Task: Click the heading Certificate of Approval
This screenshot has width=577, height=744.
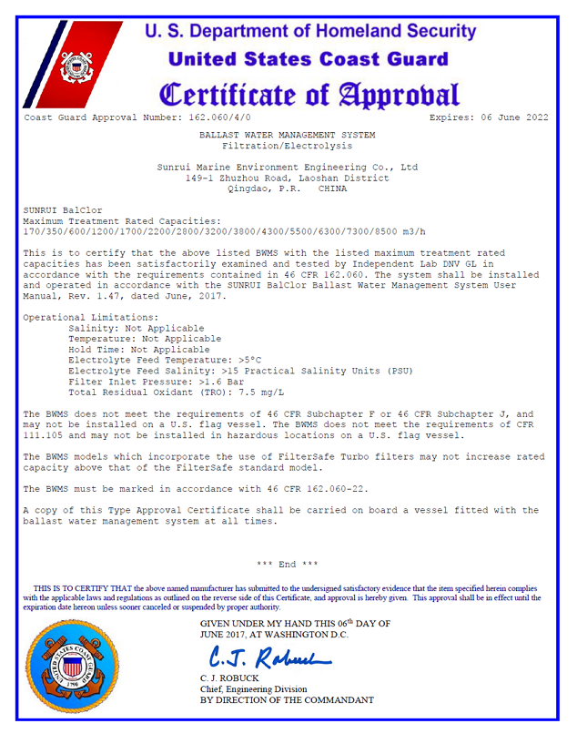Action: pyautogui.click(x=309, y=94)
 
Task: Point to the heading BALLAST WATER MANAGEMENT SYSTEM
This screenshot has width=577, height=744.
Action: pyautogui.click(x=287, y=135)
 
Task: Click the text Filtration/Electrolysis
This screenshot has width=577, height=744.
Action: pyautogui.click(x=287, y=145)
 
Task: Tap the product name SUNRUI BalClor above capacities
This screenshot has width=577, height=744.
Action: pyautogui.click(x=62, y=210)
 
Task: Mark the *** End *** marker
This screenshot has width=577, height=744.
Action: pyautogui.click(x=288, y=565)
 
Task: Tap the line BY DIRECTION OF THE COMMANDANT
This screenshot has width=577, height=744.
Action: pyautogui.click(x=287, y=700)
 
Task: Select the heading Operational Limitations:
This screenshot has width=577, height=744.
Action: pyautogui.click(x=83, y=317)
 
